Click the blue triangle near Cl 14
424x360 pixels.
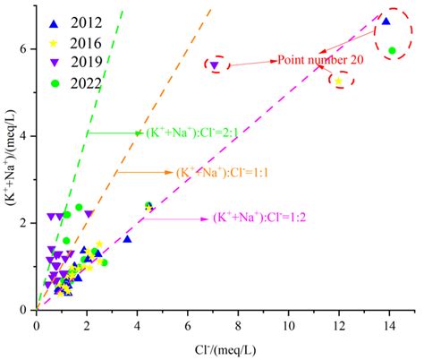[x=386, y=21]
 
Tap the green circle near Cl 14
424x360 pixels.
[x=392, y=50]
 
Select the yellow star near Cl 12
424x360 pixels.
[x=338, y=81]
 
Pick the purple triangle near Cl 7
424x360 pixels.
[x=214, y=64]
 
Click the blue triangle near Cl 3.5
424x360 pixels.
[x=127, y=239]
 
